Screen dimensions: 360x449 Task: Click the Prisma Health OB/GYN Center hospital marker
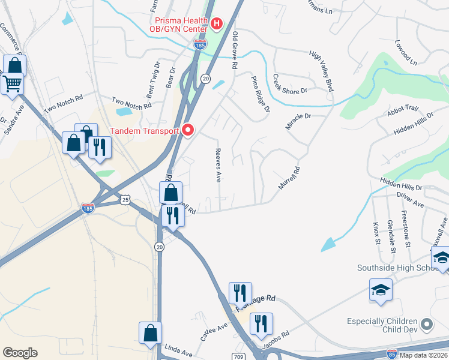tap(217, 24)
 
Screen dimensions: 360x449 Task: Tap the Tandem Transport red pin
tap(188, 130)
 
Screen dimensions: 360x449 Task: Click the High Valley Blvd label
tap(321, 70)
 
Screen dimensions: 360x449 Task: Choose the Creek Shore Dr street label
tap(289, 84)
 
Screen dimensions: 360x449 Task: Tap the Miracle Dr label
tap(299, 122)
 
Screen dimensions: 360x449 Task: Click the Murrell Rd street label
tap(289, 178)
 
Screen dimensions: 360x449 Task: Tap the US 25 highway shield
tap(124, 199)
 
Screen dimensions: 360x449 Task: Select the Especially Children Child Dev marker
tap(427, 325)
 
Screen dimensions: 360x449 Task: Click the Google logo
tap(20, 353)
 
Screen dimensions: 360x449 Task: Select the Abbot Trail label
tap(402, 110)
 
